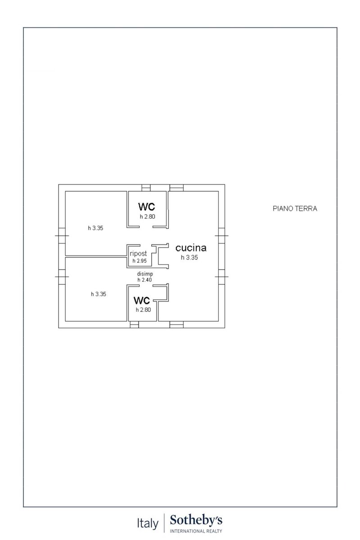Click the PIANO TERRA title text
pos(295,208)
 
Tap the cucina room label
pos(191,248)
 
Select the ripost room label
pos(138,254)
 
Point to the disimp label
pos(145,274)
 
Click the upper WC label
pos(147,207)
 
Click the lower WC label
pos(142,301)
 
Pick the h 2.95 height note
pos(139,261)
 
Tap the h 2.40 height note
pos(145,279)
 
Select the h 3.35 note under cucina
pos(189,257)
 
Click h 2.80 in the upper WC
pos(148,216)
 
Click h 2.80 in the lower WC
pos(143,310)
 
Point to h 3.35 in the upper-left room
pos(95,228)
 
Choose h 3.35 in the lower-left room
pos(99,294)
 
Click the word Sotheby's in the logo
pos(196,520)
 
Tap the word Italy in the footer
pos(148,523)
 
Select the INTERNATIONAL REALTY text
pos(196,531)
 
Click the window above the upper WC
pos(146,188)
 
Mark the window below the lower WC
pos(134,324)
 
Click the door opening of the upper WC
pos(146,227)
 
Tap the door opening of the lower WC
pos(146,286)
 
